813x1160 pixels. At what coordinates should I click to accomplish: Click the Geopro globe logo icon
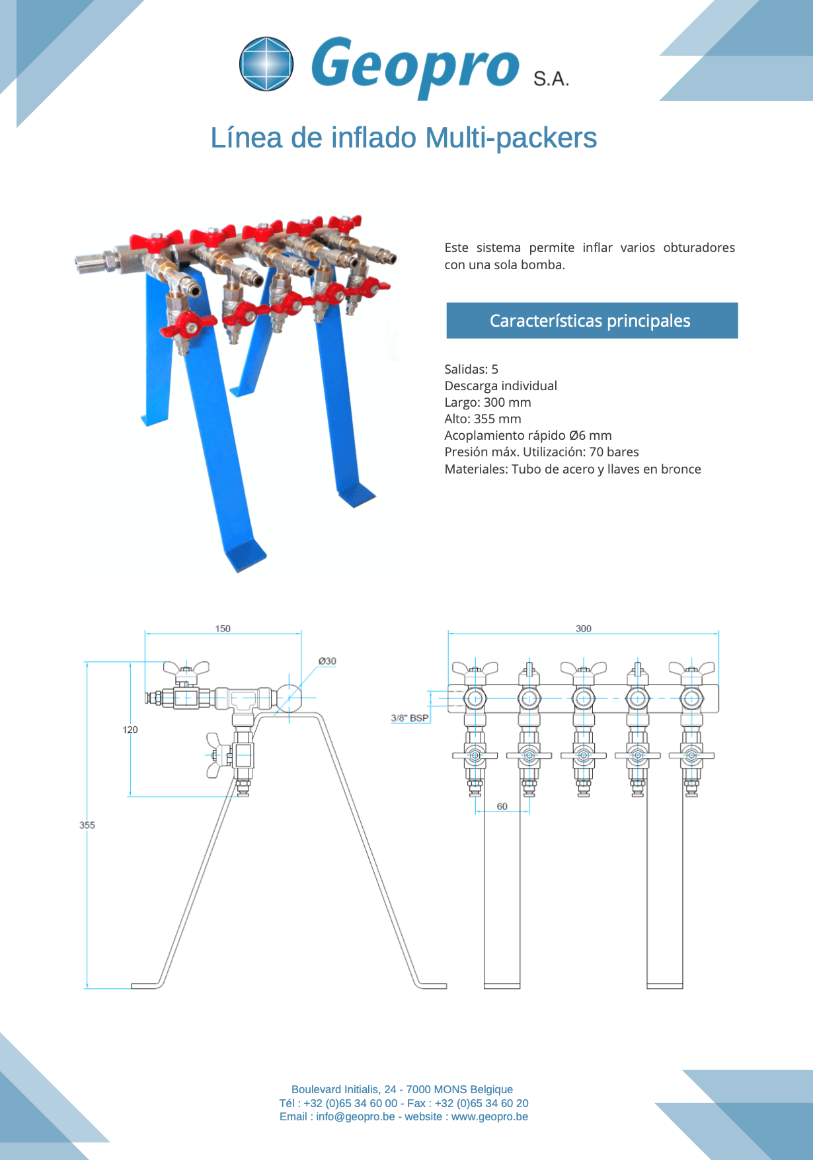point(266,63)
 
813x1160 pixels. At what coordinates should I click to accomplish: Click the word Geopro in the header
point(415,66)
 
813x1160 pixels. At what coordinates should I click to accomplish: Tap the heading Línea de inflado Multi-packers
point(403,138)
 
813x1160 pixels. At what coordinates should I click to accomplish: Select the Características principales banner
point(592,321)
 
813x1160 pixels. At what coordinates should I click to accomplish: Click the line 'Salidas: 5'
point(471,369)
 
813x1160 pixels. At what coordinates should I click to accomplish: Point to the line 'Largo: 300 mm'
point(488,402)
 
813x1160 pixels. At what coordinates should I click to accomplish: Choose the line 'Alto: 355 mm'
point(483,419)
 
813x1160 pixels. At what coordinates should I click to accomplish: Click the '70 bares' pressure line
point(541,452)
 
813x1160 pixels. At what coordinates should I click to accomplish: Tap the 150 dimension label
point(223,628)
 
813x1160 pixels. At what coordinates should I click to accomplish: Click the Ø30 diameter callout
point(327,661)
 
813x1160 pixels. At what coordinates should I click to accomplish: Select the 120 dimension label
point(130,729)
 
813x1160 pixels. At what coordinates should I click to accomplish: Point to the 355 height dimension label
point(87,825)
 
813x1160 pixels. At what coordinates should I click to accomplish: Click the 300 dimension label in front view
point(584,628)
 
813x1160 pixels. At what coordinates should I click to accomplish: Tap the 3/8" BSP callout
point(410,718)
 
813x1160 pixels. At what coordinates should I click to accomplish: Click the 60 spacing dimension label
point(502,806)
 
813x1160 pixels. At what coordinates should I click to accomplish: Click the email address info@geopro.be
point(355,1116)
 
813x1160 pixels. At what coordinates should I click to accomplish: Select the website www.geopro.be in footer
point(490,1116)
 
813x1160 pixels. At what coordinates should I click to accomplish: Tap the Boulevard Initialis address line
point(402,1089)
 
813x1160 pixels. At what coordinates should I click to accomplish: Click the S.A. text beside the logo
point(551,79)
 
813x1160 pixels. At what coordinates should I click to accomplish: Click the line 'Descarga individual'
point(500,386)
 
